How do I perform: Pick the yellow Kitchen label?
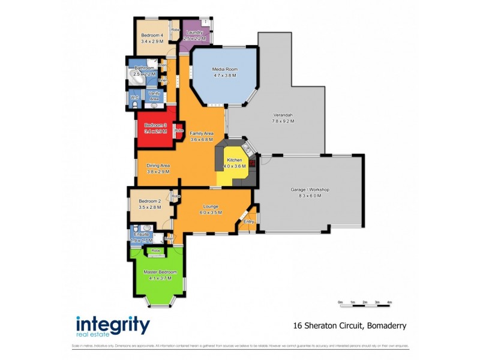tap(233, 160)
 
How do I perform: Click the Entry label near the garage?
tap(249, 221)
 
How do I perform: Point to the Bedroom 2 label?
tap(149, 201)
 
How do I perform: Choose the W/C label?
tap(134, 97)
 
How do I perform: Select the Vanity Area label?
tap(154, 95)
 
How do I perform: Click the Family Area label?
tap(202, 133)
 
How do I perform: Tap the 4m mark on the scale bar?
tap(389, 302)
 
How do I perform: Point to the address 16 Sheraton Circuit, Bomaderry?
tap(350, 326)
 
